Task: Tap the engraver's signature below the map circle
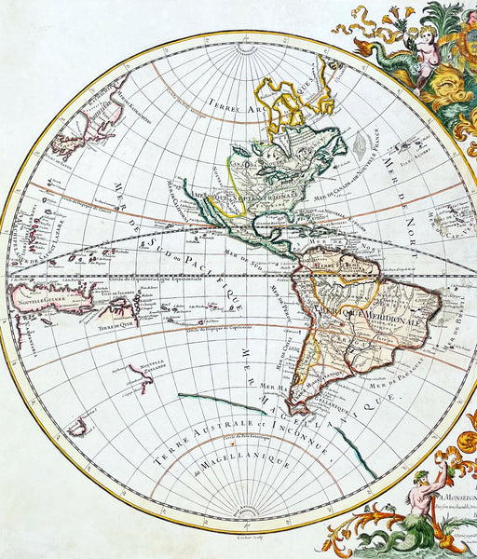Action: point(246,539)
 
